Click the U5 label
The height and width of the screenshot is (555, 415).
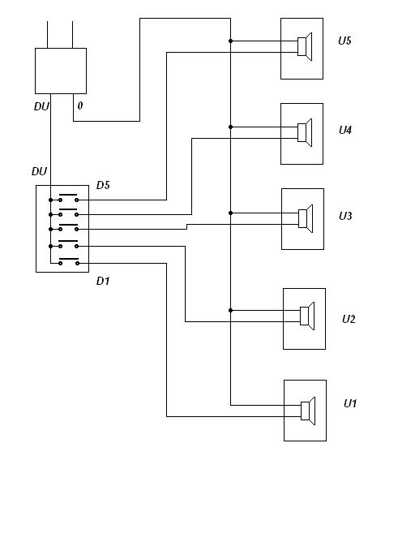[344, 41]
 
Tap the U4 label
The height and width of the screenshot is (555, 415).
[345, 130]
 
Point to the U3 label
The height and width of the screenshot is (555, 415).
[345, 216]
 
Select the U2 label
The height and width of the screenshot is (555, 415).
[349, 319]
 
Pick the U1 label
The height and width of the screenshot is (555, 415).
[350, 403]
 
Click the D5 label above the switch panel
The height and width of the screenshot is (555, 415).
[103, 185]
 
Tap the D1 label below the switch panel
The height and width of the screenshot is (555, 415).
[103, 281]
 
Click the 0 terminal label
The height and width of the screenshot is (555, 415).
[80, 105]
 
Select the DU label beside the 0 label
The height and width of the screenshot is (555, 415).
[41, 106]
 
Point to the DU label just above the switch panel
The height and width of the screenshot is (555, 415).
[39, 171]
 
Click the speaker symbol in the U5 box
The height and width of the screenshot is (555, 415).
[305, 47]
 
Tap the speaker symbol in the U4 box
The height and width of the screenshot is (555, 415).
[305, 132]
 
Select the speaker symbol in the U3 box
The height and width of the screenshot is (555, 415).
[306, 218]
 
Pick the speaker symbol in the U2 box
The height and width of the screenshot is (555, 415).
[307, 316]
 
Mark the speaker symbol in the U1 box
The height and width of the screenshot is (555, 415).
[308, 411]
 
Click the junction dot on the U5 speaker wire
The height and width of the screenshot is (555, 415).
[231, 41]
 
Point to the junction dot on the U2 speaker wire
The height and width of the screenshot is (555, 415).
[231, 311]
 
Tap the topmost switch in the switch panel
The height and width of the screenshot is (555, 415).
[68, 198]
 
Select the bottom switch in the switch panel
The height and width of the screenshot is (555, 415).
[69, 261]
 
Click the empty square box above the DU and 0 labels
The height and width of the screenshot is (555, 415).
[61, 71]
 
